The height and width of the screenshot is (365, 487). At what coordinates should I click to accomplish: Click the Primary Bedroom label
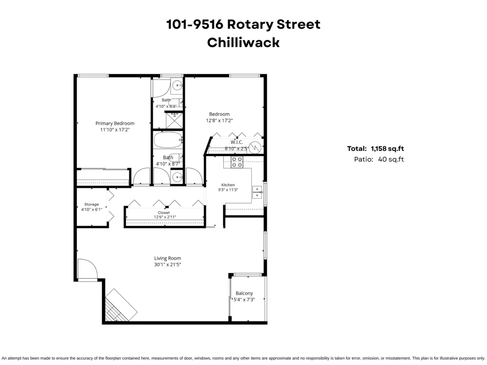[x=115, y=123]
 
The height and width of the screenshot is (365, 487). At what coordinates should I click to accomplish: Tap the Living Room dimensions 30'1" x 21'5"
[x=168, y=264]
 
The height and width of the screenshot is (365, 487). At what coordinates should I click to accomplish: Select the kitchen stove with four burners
[x=237, y=162]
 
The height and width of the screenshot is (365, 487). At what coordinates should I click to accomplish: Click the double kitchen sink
[x=257, y=192]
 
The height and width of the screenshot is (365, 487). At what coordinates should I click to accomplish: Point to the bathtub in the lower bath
[x=168, y=140]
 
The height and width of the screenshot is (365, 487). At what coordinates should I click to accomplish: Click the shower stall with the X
[x=175, y=120]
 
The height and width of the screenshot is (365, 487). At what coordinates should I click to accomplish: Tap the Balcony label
[x=244, y=293]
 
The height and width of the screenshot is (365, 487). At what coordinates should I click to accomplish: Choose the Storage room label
[x=92, y=204]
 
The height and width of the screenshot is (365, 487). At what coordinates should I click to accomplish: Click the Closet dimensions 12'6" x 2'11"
[x=165, y=217]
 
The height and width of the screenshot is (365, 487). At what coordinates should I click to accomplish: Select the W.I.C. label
[x=237, y=142]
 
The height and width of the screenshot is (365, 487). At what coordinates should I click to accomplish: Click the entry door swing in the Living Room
[x=88, y=270]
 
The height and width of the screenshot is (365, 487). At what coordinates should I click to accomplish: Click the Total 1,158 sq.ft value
[x=388, y=148]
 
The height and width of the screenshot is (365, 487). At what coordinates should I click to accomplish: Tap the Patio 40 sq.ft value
[x=391, y=159]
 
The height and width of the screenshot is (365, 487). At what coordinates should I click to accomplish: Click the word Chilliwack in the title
[x=243, y=43]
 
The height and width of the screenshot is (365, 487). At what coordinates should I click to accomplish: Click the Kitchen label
[x=228, y=185]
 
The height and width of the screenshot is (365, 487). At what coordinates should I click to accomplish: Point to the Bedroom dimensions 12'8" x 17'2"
[x=220, y=120]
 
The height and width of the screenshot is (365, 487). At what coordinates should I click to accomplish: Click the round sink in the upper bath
[x=177, y=85]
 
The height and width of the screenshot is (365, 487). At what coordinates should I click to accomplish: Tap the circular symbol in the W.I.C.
[x=255, y=147]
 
